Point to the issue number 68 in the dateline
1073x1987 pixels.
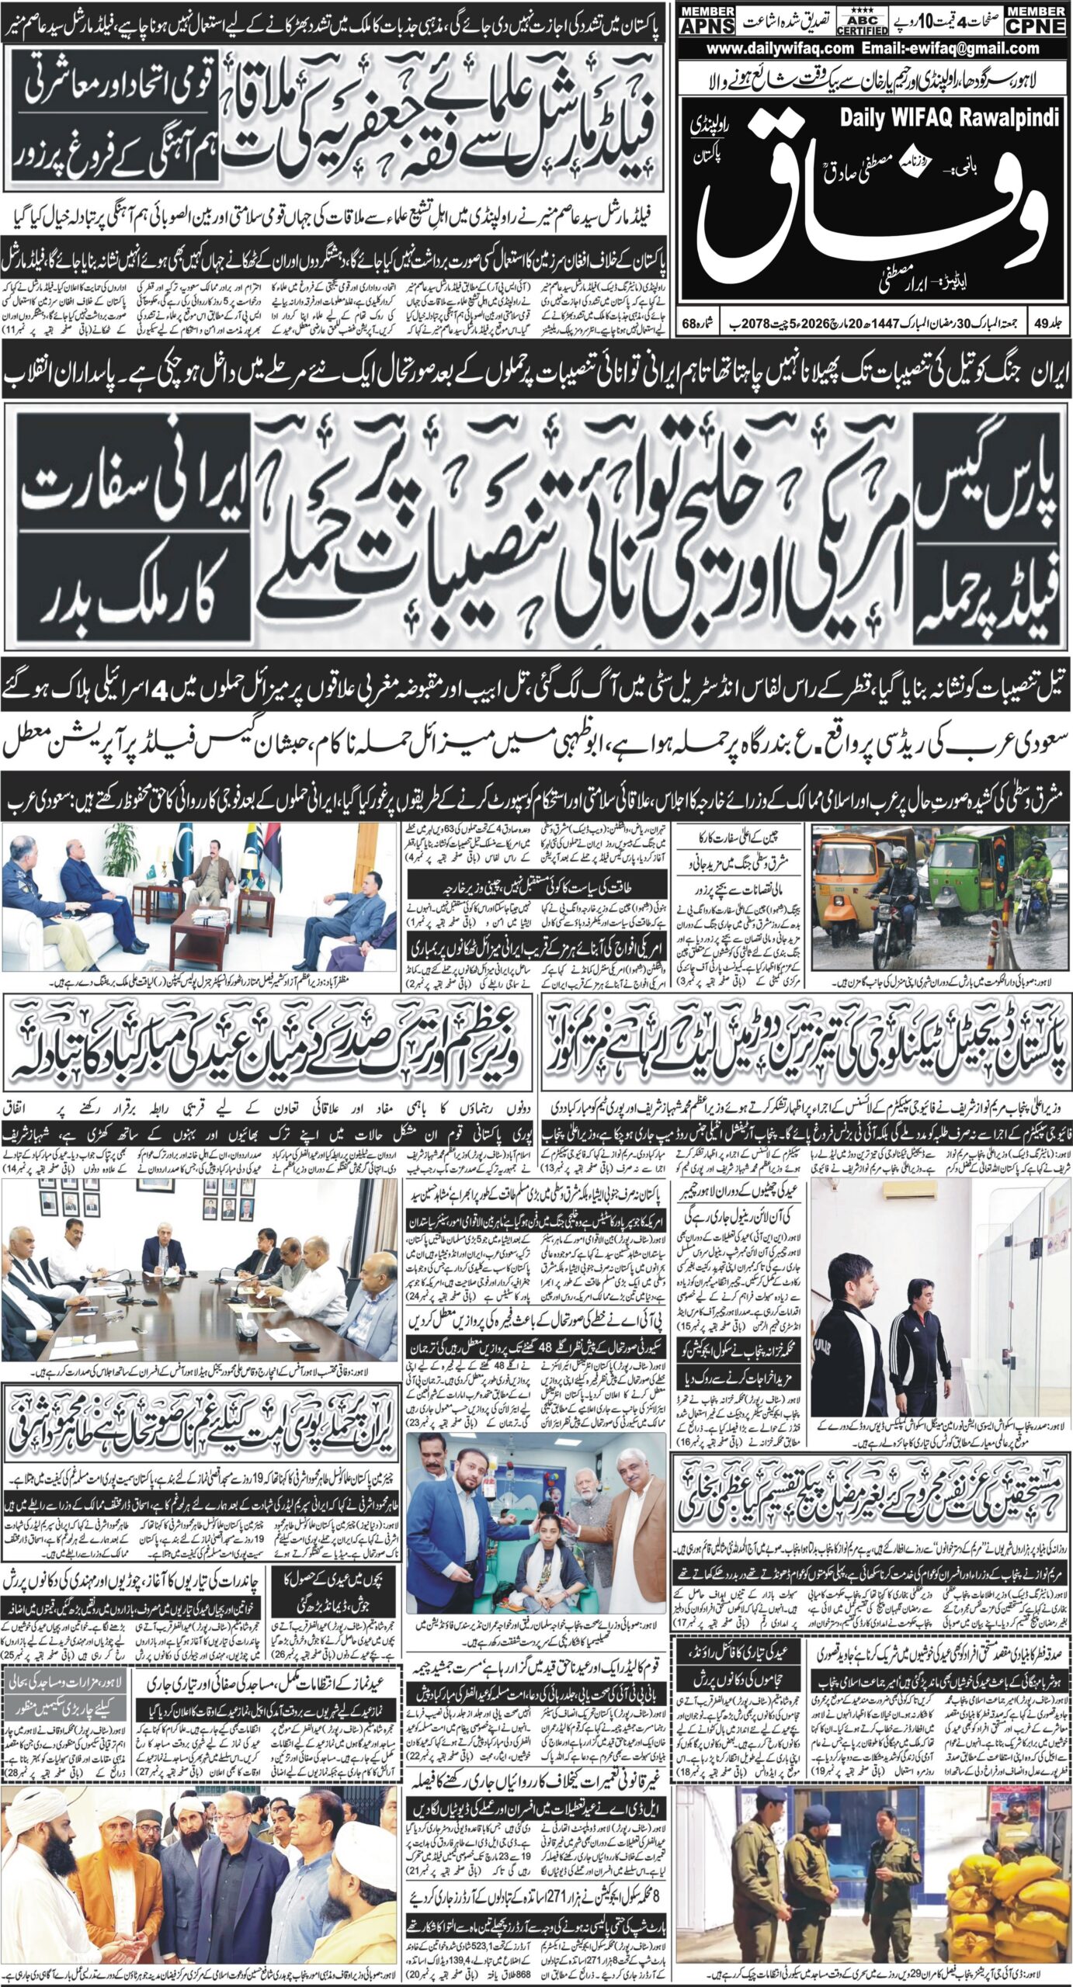[689, 321]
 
